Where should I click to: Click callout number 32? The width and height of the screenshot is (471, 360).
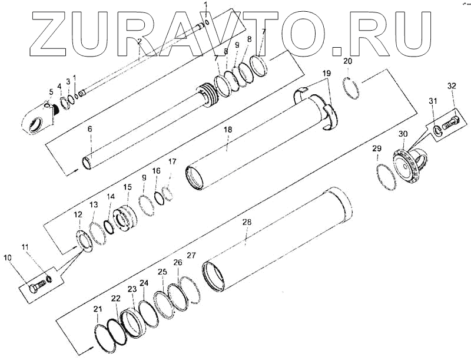click(452, 87)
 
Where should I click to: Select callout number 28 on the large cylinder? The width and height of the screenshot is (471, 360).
click(247, 222)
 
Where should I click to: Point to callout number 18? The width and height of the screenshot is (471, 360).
click(227, 129)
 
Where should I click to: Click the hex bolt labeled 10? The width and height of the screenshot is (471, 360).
click(37, 289)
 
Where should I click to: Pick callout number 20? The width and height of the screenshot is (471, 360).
click(347, 61)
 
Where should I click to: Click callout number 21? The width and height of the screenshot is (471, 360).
click(98, 309)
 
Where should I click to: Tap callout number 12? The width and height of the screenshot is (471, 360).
click(78, 217)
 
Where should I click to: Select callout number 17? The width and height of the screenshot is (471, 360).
click(172, 161)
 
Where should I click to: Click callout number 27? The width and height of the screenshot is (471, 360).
click(191, 255)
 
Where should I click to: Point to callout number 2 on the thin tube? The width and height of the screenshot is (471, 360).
click(139, 41)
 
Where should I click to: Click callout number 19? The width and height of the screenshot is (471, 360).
click(327, 72)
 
